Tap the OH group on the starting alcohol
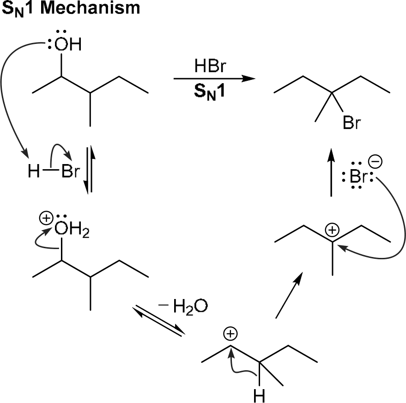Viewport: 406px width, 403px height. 67,45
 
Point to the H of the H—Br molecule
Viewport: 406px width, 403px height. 33,172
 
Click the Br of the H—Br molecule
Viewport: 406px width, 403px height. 70,172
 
